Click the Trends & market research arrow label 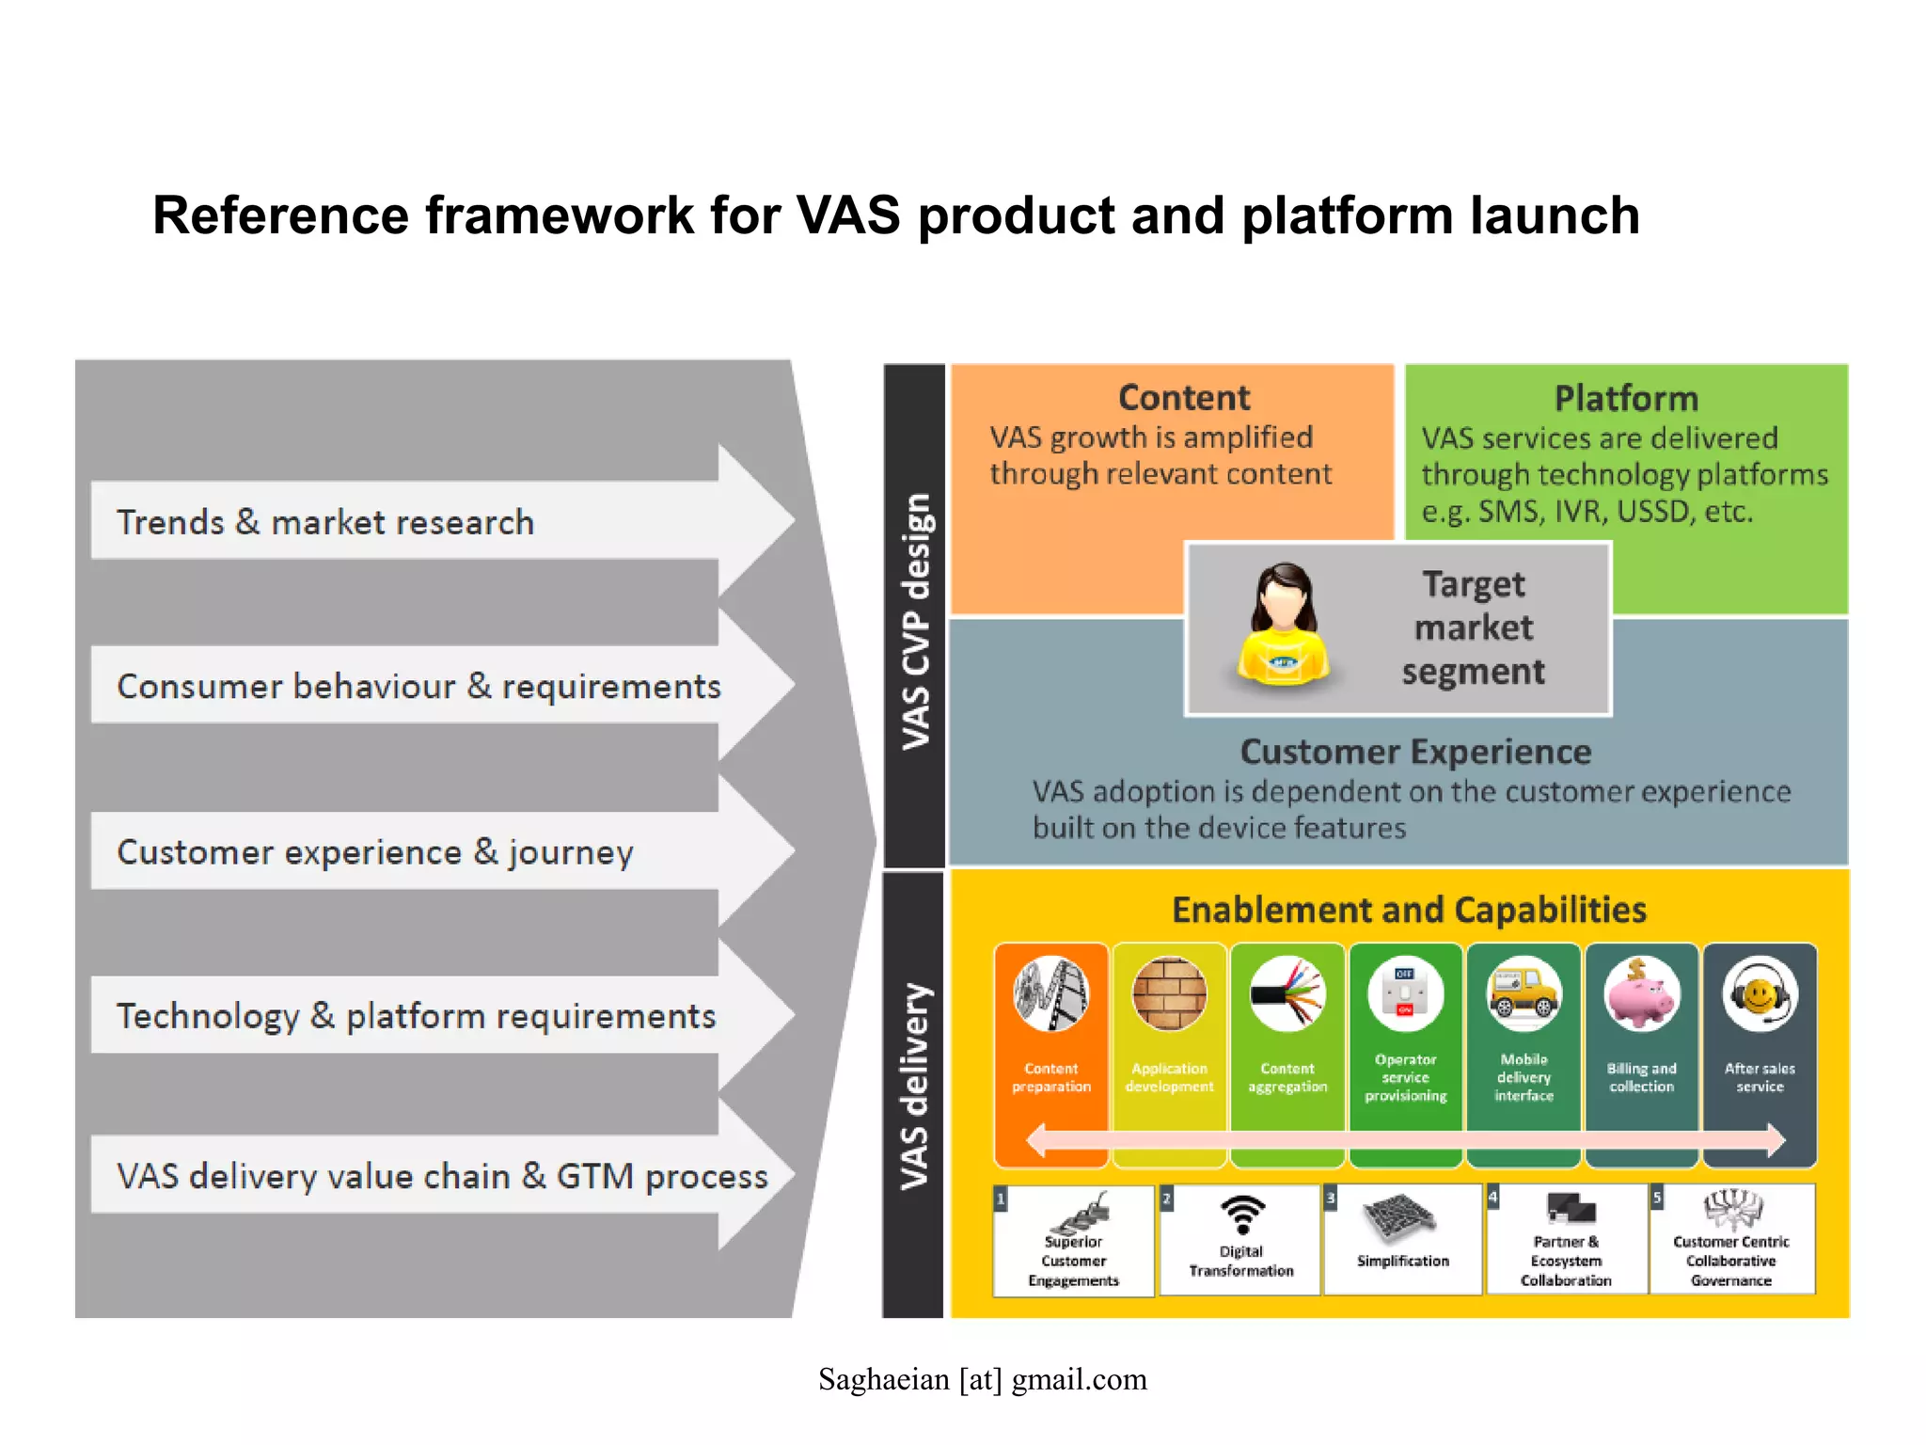[325, 522]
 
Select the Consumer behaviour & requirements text [418, 686]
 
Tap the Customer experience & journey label [375, 851]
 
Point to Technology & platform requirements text [416, 1016]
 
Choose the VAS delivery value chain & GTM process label [442, 1176]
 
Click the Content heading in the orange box [1184, 398]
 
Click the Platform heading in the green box [1626, 399]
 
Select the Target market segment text [1473, 627]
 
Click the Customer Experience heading [1415, 752]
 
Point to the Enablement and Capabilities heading [1409, 910]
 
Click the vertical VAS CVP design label [915, 621]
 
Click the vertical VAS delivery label [915, 1087]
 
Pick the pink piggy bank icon [1641, 995]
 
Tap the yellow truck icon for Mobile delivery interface [1523, 995]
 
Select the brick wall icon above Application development [1169, 994]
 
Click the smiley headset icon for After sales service [1760, 995]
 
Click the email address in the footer [983, 1379]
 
